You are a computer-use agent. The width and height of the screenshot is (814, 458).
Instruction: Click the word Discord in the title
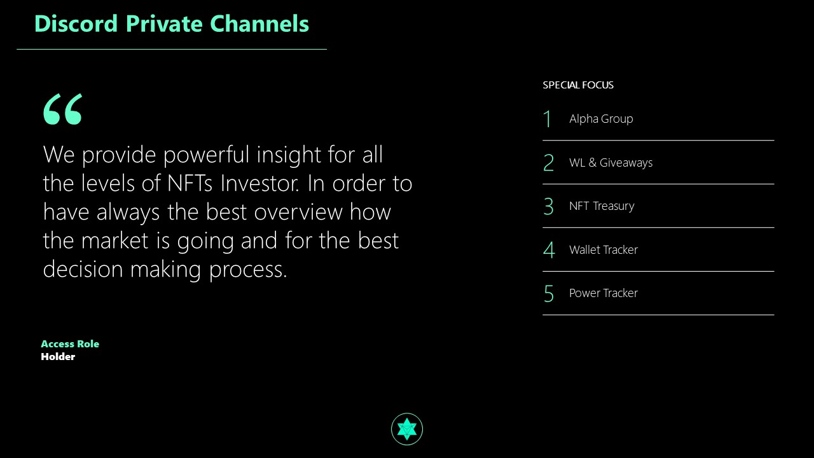[76, 24]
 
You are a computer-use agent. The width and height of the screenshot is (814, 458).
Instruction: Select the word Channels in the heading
[259, 24]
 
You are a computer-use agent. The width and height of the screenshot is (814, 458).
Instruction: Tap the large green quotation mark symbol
[63, 109]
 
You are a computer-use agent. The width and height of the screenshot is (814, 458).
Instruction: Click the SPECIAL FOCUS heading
[578, 85]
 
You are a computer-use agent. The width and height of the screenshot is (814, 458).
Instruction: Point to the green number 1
[548, 119]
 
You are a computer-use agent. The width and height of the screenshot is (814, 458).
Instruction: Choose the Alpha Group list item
[601, 119]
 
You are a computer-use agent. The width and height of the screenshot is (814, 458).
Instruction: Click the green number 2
[548, 162]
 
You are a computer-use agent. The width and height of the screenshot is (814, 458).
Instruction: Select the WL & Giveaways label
[611, 162]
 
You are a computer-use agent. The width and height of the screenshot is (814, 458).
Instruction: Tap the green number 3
[548, 206]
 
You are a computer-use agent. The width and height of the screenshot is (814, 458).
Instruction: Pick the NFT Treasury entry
[602, 206]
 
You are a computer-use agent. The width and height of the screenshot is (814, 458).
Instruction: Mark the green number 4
[549, 250]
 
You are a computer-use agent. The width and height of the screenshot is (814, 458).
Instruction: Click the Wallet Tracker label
[604, 250]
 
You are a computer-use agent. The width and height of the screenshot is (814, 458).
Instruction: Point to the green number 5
[549, 294]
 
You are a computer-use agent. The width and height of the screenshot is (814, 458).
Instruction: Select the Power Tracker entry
[604, 293]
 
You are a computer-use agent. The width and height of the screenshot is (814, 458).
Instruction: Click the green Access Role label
[70, 344]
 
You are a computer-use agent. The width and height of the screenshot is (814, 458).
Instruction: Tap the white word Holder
[58, 357]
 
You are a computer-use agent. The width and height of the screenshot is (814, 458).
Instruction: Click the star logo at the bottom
[407, 429]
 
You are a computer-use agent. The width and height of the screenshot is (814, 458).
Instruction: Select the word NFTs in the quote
[190, 183]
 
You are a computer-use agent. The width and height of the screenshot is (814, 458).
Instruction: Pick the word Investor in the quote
[260, 183]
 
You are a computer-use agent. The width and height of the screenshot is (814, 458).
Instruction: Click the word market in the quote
[115, 240]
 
